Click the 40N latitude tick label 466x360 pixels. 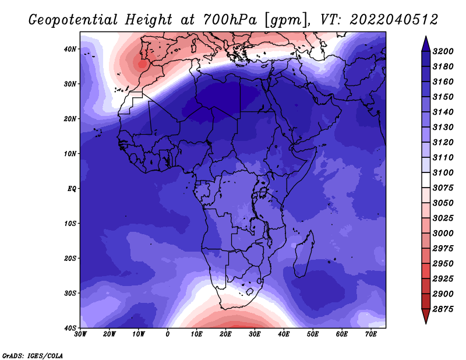point(70,49)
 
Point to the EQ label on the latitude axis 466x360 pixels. point(72,189)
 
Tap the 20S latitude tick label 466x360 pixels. point(70,258)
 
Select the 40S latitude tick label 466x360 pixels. point(70,328)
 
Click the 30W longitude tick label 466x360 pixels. point(80,334)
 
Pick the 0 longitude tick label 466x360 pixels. point(168,334)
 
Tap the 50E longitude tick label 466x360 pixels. point(313,334)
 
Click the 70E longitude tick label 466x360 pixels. point(371,334)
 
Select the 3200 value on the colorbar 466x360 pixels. point(443,51)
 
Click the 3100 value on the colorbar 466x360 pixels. point(443,172)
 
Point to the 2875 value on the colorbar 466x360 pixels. point(443,309)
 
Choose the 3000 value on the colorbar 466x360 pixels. point(443,234)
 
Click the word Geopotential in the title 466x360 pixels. point(73,20)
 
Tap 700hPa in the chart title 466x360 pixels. point(230,20)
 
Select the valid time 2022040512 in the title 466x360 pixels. point(394,20)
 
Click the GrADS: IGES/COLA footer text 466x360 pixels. point(33,356)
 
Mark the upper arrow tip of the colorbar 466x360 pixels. point(426,37)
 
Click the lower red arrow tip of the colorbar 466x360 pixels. point(426,323)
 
